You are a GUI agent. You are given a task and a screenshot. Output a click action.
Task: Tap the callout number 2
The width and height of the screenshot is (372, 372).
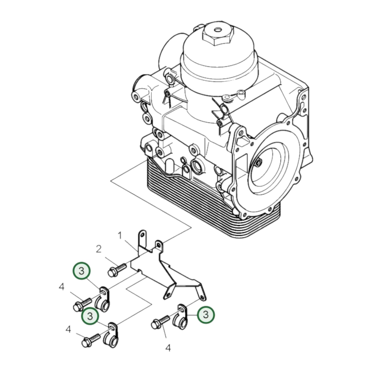(99, 249)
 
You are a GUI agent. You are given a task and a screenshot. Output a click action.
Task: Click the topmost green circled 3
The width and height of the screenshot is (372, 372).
(82, 271)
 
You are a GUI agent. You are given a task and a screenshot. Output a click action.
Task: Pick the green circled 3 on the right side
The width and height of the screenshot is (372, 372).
(206, 314)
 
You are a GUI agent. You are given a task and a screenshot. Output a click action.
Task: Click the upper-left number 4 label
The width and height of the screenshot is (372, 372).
(61, 287)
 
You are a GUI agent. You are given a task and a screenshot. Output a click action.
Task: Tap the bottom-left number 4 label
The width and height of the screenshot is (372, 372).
(68, 330)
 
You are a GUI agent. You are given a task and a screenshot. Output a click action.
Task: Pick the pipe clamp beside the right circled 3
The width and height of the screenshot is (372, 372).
(181, 317)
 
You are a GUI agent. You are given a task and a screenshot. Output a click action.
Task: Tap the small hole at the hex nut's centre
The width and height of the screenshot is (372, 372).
(218, 30)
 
